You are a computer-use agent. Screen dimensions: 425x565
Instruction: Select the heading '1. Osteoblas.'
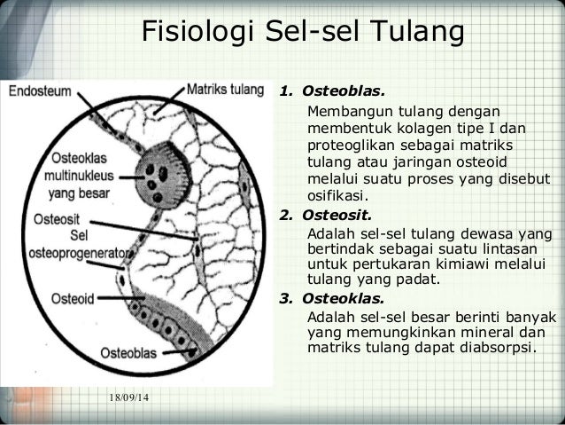[x=333, y=91]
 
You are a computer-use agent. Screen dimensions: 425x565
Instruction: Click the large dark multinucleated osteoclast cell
[x=163, y=168]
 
